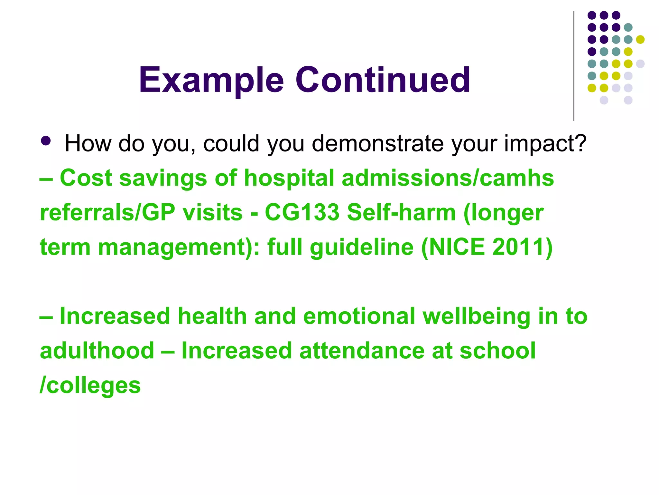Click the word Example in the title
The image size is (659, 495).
(211, 80)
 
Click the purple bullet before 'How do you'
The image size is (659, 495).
(46, 141)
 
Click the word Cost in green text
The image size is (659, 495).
(86, 178)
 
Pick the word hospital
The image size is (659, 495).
(289, 178)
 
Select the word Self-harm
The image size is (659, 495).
(401, 213)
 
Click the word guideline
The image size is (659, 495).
(362, 247)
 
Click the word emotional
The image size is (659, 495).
(359, 316)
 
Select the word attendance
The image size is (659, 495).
(362, 351)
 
